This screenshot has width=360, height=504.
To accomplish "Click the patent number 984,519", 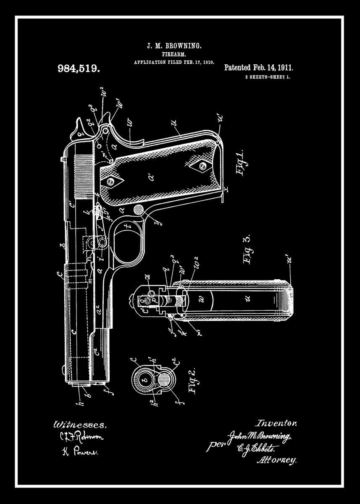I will [79, 68].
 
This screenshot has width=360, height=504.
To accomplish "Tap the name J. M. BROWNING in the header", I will [174, 45].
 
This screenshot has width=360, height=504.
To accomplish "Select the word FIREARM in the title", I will [174, 54].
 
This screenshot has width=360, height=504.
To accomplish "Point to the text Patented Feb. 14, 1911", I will [258, 68].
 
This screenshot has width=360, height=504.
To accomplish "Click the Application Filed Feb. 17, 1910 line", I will [174, 62].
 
